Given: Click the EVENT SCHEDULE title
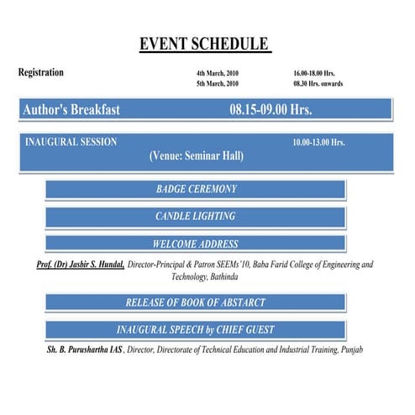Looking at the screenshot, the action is click(x=205, y=44).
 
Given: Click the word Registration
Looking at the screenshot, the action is click(x=41, y=72).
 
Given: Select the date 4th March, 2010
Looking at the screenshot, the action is click(x=218, y=73).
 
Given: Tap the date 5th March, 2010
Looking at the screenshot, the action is click(x=218, y=84).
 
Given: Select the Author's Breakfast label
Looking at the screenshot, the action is click(x=71, y=110).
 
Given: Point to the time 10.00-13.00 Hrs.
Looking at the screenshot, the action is click(x=318, y=143).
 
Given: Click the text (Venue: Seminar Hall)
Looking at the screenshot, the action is click(x=196, y=156).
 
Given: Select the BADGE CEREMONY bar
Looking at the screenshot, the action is click(x=196, y=189).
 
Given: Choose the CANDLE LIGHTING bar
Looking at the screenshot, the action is click(x=196, y=217).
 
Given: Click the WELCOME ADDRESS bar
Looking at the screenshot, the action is click(x=196, y=244).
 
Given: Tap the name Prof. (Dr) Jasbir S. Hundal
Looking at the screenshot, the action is click(x=81, y=264).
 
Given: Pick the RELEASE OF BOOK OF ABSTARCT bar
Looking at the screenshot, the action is click(x=196, y=302).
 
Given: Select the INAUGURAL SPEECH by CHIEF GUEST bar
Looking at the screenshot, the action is click(x=196, y=329).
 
